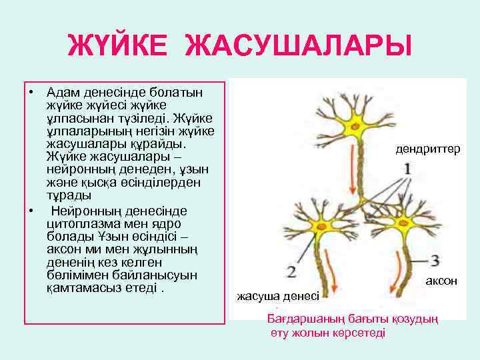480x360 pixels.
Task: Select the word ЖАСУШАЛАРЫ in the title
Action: click(x=298, y=49)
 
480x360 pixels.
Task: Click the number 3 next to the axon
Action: click(x=435, y=260)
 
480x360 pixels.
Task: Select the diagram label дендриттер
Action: click(x=427, y=150)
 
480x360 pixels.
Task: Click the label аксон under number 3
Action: click(x=441, y=281)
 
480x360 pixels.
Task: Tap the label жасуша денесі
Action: click(x=278, y=296)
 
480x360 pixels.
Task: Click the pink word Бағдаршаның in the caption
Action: click(x=299, y=319)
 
